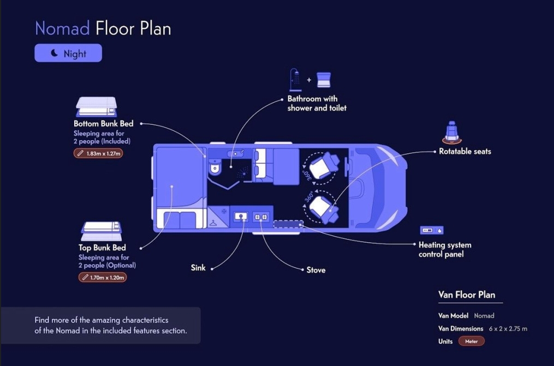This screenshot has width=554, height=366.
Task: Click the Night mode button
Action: [x=68, y=53]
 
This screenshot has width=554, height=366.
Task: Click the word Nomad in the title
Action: [x=62, y=28]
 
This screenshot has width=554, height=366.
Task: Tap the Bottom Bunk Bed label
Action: [x=103, y=123]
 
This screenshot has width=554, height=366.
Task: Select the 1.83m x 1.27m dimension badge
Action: [x=98, y=153]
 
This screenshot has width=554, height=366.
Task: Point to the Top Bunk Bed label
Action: [x=102, y=248]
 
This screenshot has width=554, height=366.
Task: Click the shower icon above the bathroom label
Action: [x=295, y=80]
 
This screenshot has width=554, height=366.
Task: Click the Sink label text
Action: [x=198, y=268]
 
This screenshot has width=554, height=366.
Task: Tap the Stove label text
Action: [x=316, y=269]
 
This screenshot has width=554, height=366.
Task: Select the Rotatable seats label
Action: [x=465, y=151]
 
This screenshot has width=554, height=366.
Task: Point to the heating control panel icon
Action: [x=431, y=230]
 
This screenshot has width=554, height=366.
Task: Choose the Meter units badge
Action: [x=471, y=341]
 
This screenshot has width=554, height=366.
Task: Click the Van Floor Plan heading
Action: [x=467, y=295]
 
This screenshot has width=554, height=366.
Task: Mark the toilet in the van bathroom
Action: [x=215, y=166]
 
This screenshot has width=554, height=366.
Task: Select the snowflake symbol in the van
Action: [x=224, y=211]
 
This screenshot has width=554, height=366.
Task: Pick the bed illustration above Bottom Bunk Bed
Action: [x=96, y=106]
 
